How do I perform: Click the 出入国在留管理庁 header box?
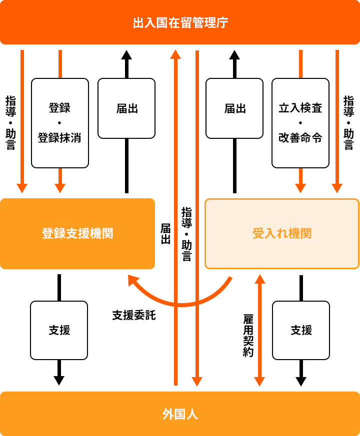[180, 23]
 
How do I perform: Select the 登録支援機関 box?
[77, 233]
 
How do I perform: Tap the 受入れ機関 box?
[282, 233]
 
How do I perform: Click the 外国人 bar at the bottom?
[180, 414]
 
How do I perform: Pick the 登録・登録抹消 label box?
[60, 123]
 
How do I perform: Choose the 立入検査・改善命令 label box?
[300, 123]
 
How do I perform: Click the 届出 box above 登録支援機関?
[126, 108]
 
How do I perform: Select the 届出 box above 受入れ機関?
[234, 108]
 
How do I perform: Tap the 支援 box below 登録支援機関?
[59, 330]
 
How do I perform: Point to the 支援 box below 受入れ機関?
[301, 330]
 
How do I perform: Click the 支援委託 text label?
[134, 315]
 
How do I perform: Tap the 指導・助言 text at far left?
[10, 123]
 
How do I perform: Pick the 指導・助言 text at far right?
[348, 123]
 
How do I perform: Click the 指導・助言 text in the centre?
[186, 234]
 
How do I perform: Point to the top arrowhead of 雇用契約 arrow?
[259, 279]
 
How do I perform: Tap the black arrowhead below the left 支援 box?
[59, 380]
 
